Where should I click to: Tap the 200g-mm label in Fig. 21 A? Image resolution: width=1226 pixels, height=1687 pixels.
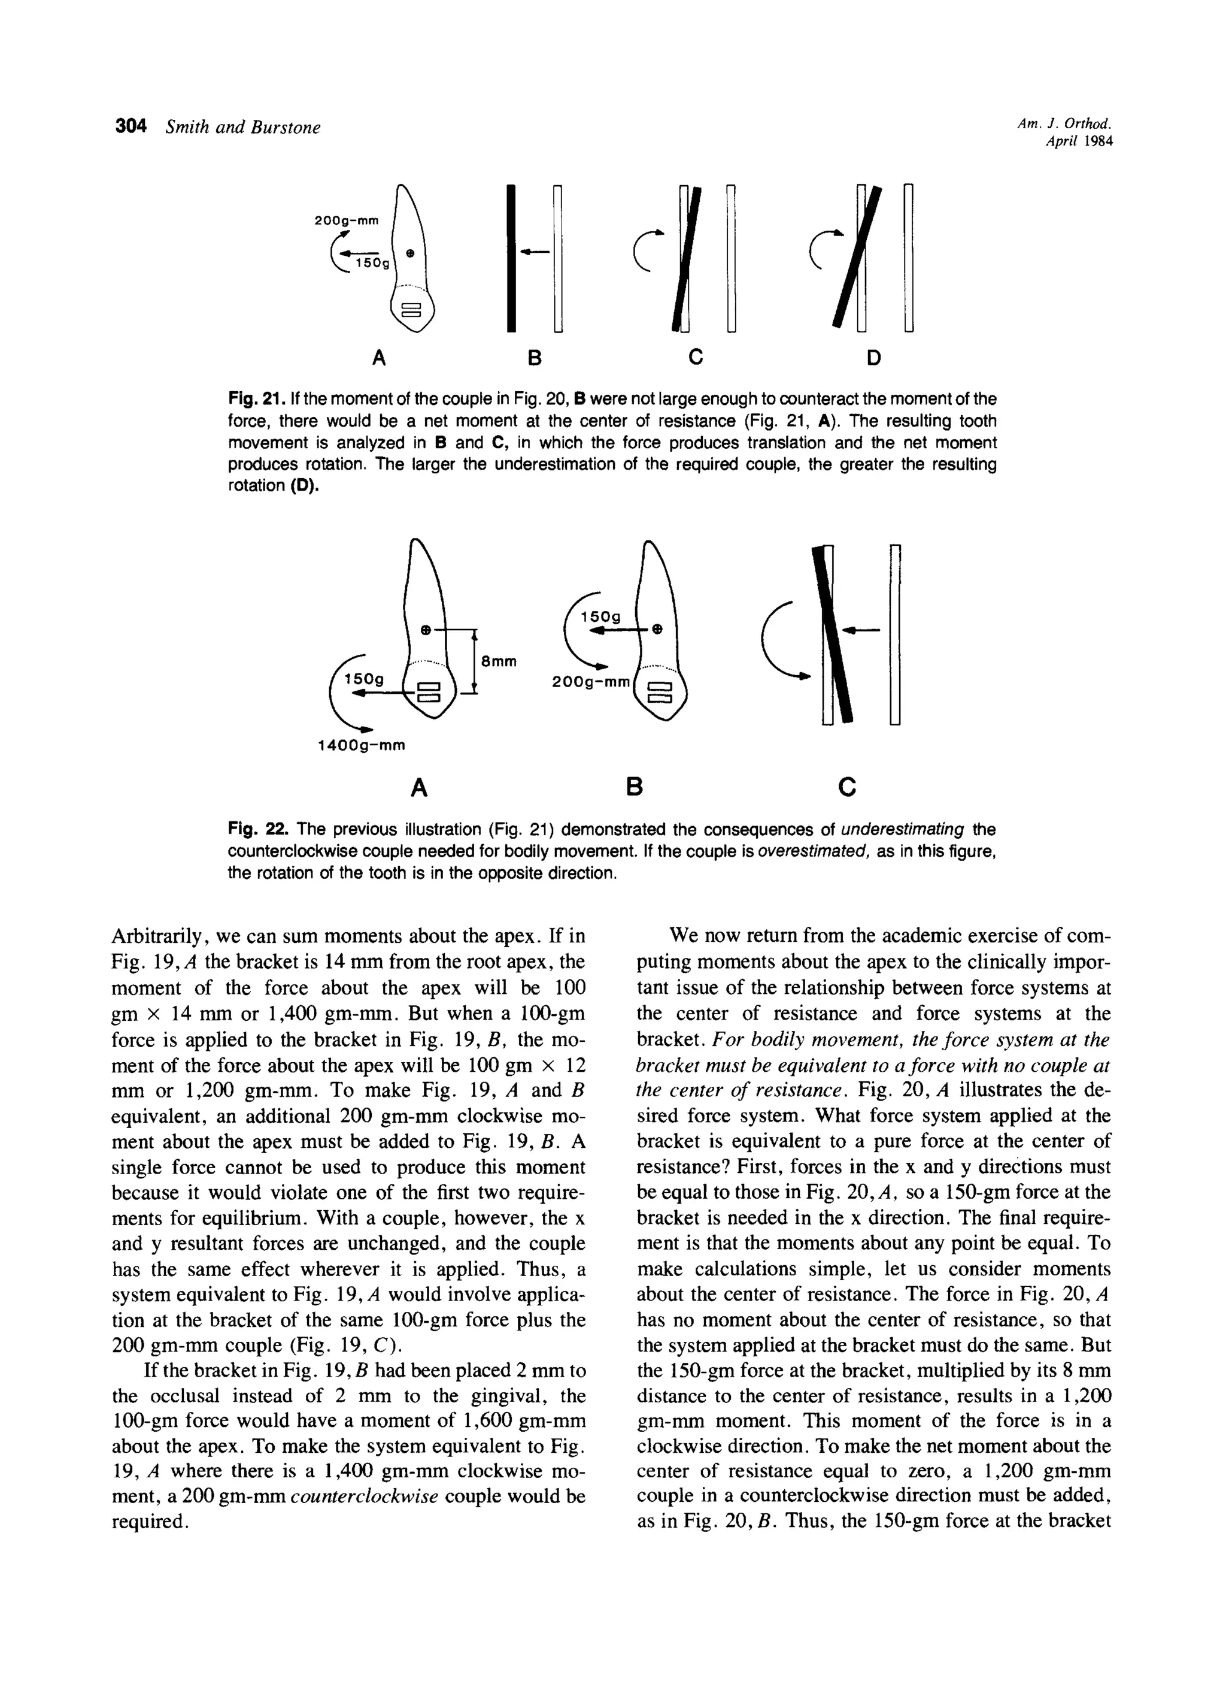point(347,220)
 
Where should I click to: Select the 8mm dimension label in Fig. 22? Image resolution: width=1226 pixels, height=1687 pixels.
point(499,661)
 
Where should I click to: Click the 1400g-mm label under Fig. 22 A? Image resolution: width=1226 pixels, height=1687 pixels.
point(362,745)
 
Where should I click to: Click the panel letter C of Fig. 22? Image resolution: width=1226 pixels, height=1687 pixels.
point(846,786)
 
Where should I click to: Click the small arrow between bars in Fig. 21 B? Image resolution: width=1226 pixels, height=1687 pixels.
point(534,253)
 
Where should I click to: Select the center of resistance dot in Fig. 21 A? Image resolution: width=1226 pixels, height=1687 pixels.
point(411,253)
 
